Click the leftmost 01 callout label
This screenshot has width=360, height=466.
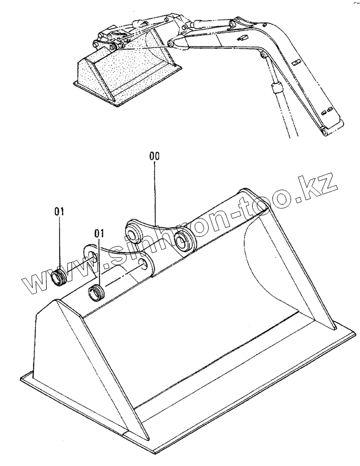click(x=59, y=211)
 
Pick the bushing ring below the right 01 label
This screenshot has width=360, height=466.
click(x=97, y=293)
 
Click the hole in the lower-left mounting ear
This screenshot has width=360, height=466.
click(x=92, y=258)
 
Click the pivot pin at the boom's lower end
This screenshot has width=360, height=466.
click(x=323, y=134)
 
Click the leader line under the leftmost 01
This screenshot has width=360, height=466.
click(x=59, y=243)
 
